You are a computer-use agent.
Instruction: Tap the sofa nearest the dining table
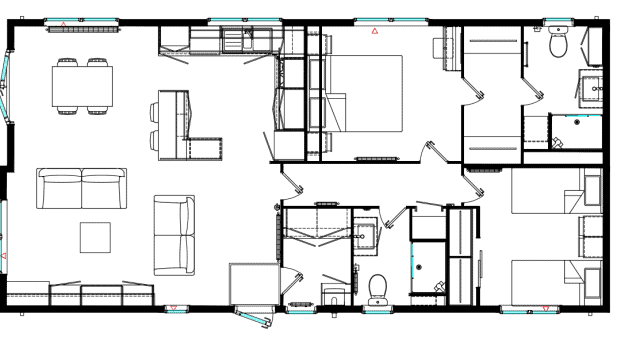(82, 188)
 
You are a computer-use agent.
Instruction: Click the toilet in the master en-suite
(558, 45)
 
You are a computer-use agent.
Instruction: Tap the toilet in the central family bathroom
(378, 289)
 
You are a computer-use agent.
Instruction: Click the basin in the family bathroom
(365, 234)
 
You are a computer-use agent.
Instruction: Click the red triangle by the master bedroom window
(375, 31)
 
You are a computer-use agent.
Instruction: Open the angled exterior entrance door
(255, 317)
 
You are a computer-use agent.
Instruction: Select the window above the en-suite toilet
(558, 20)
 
